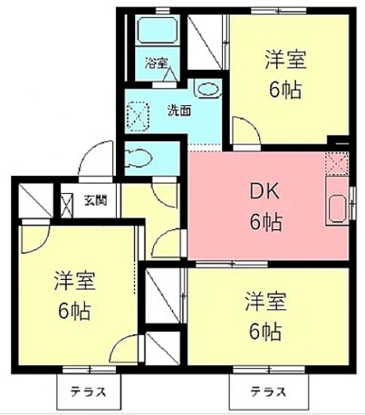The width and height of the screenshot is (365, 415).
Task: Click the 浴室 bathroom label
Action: [x=157, y=63]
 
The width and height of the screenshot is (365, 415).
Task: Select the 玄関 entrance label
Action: [x=95, y=200]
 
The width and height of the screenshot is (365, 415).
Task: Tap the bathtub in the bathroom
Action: [x=158, y=33]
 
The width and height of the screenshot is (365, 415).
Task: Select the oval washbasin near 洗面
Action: [x=207, y=90]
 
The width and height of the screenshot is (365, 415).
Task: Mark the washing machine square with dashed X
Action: [x=139, y=114]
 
